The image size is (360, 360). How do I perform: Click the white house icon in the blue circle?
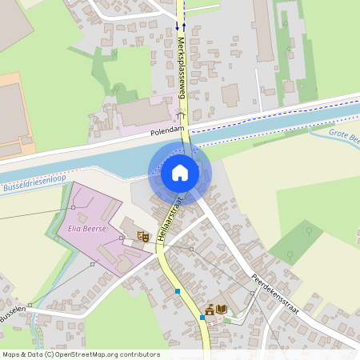[180, 172]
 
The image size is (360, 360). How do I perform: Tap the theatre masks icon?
[143, 236]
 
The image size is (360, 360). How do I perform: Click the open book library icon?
[222, 310]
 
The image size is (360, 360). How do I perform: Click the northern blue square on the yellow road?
[178, 292]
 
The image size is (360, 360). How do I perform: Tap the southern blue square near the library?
[202, 317]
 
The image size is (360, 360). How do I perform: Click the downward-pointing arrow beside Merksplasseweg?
[177, 27]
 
